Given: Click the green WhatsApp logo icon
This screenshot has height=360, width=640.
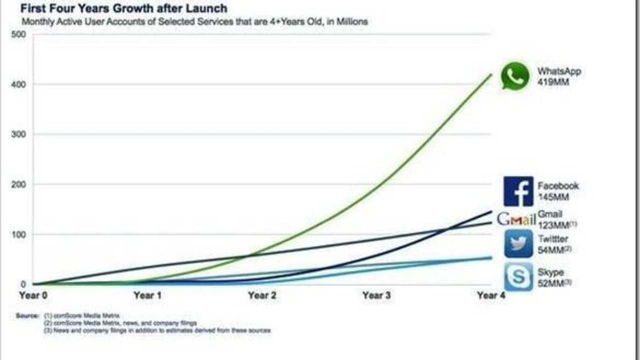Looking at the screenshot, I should click(515, 76).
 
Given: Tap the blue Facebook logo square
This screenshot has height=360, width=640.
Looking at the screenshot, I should click(518, 191).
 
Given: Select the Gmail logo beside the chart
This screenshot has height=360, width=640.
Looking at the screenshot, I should click(516, 219).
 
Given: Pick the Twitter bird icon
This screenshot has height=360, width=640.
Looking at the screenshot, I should click(518, 244).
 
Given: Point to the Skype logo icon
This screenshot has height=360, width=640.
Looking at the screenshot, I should click(518, 276).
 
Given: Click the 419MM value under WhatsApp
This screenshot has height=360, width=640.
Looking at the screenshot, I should click(553, 82).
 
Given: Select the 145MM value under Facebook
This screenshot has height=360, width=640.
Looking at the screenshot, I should click(553, 197).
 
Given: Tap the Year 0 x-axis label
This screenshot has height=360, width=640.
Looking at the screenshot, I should click(33, 295).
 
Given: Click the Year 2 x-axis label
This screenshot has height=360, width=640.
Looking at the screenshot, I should click(261, 295).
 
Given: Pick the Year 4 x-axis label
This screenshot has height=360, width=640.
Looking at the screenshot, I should click(491, 295).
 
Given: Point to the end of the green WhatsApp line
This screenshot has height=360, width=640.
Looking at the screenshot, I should click(491, 74).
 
